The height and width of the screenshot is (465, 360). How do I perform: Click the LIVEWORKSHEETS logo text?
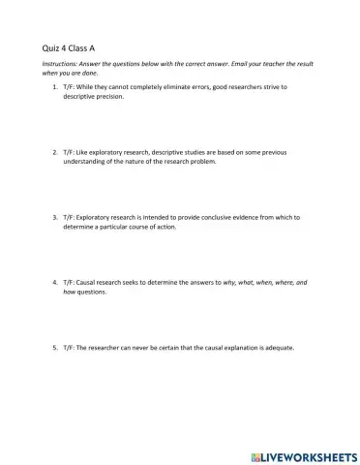[309, 454]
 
